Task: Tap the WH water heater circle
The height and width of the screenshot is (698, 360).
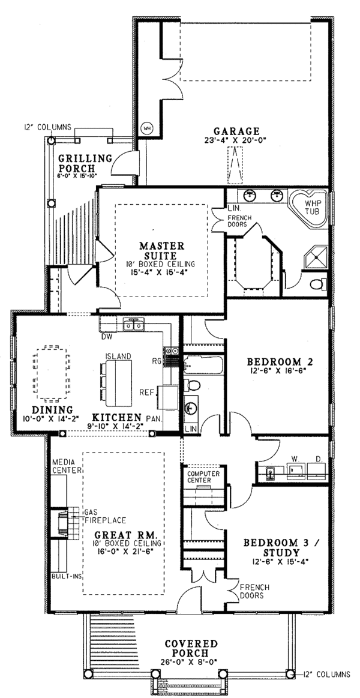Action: (146, 128)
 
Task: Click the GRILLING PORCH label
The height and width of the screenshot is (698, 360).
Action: (85, 163)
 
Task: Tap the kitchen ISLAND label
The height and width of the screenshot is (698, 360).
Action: (118, 356)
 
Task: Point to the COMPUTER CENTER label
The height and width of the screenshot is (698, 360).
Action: (204, 477)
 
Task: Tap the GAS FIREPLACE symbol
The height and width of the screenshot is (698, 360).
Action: (62, 522)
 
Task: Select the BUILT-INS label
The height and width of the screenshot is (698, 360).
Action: (67, 575)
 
